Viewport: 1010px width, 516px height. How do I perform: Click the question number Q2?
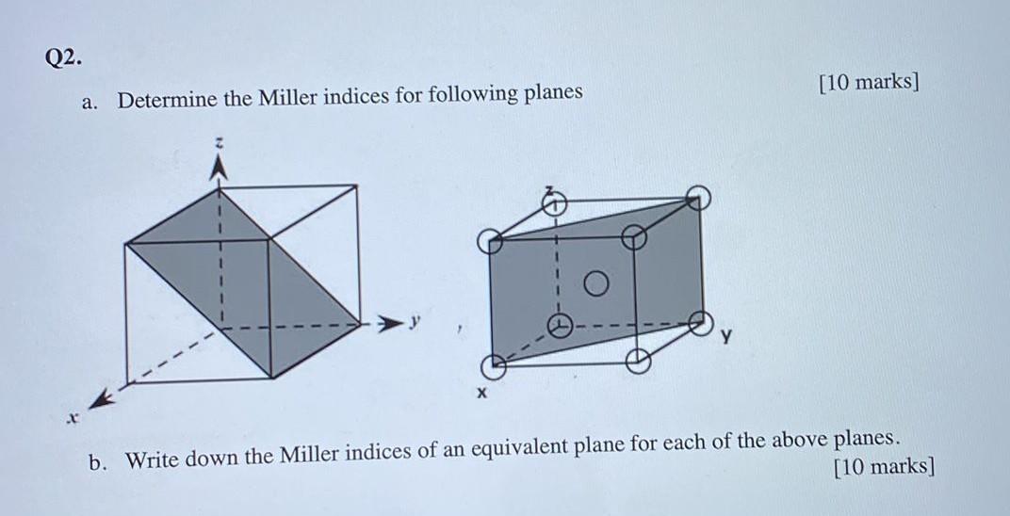click(x=62, y=57)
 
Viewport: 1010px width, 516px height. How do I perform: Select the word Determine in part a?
click(x=171, y=98)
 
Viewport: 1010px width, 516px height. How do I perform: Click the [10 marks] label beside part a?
click(x=869, y=81)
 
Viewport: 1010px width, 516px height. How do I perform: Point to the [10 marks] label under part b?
click(x=885, y=467)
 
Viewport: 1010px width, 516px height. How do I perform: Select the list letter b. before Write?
click(x=98, y=462)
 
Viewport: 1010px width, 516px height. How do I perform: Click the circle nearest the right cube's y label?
click(x=698, y=321)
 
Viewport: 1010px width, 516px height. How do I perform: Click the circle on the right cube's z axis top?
click(x=556, y=199)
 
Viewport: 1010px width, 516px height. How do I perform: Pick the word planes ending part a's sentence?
click(x=549, y=93)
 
